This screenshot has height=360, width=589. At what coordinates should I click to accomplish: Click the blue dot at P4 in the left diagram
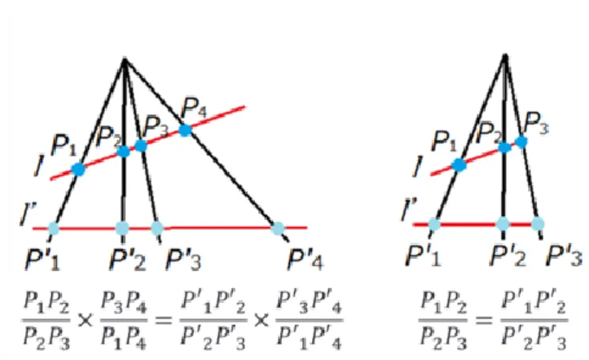click(185, 130)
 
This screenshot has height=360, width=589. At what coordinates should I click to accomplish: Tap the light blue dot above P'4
click(278, 228)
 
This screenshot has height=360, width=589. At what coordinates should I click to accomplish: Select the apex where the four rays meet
click(125, 59)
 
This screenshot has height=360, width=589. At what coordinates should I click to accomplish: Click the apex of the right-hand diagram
click(505, 57)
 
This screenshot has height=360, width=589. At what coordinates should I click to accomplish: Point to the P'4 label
click(305, 260)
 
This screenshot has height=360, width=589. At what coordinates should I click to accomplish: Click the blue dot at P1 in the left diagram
click(78, 169)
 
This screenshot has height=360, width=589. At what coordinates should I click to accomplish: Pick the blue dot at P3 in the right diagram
click(521, 142)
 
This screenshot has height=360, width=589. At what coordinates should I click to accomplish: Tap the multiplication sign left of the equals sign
click(85, 320)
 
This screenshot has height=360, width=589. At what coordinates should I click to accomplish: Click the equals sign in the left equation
click(163, 320)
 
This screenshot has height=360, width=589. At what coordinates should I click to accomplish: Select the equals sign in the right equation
click(483, 320)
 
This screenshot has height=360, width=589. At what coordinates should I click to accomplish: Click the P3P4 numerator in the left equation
click(124, 302)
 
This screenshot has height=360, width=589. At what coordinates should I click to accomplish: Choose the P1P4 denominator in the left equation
click(124, 338)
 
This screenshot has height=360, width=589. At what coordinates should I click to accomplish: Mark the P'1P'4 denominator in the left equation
click(309, 338)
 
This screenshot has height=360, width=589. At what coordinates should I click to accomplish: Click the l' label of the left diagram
click(29, 214)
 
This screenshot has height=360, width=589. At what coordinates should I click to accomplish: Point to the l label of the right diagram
click(417, 166)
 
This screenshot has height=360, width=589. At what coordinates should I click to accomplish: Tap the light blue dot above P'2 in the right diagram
click(503, 224)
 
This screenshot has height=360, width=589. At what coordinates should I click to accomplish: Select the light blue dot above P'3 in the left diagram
click(157, 228)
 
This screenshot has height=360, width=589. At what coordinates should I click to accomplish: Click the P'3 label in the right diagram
click(564, 256)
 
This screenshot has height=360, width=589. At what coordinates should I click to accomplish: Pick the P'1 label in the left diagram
click(42, 260)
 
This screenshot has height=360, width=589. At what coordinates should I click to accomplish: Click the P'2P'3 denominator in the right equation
click(534, 338)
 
